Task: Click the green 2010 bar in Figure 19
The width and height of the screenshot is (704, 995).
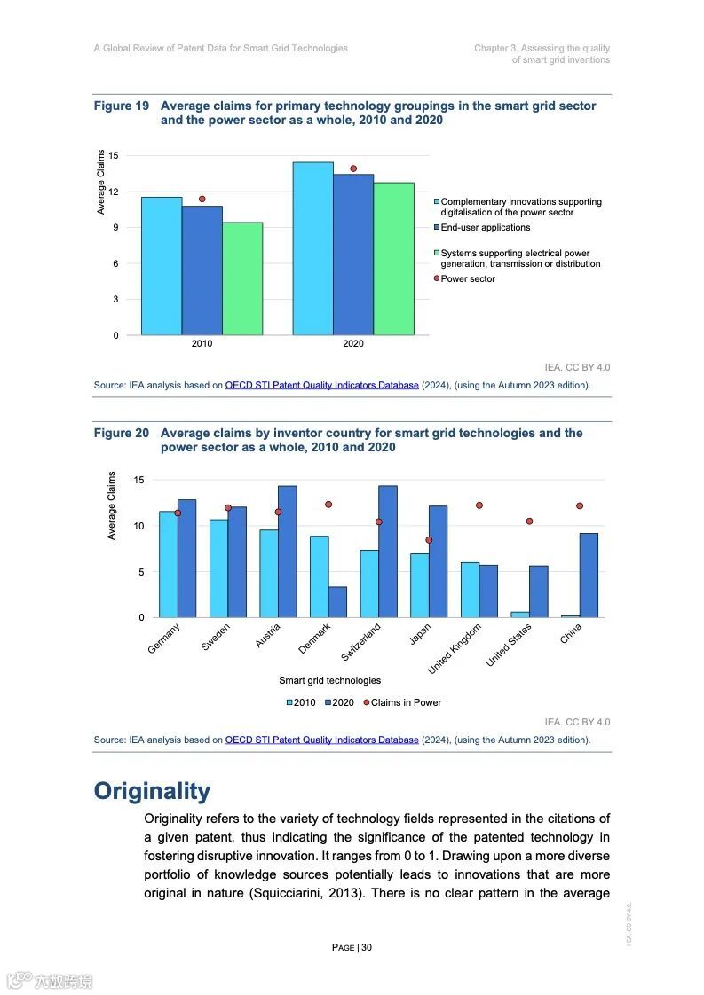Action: coord(242,278)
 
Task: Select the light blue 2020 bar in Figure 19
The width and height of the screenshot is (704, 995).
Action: coord(312,248)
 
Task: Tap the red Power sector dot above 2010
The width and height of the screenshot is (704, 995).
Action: coord(202,199)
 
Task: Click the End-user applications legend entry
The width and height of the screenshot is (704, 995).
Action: coord(485,228)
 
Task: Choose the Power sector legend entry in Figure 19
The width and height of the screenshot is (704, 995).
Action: coord(468,279)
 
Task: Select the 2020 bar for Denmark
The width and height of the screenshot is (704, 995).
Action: coord(337,601)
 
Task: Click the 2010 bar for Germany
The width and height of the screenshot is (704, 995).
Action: coord(168,564)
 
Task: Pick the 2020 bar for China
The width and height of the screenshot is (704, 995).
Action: coord(589,575)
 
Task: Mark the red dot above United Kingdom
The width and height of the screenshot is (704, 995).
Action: coord(479,505)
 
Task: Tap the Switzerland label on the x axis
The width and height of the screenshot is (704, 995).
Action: coord(362,642)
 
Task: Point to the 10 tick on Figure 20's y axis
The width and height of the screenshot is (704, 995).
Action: coord(138,526)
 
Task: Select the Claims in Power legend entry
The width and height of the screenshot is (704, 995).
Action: coord(405,702)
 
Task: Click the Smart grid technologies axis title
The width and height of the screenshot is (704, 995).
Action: coord(329,680)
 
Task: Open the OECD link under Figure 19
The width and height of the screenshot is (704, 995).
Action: coord(321,386)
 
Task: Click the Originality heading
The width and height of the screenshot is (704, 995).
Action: coord(152,791)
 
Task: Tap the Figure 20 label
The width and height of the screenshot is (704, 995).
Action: coord(122,434)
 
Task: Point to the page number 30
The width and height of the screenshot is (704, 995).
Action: coord(367,947)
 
